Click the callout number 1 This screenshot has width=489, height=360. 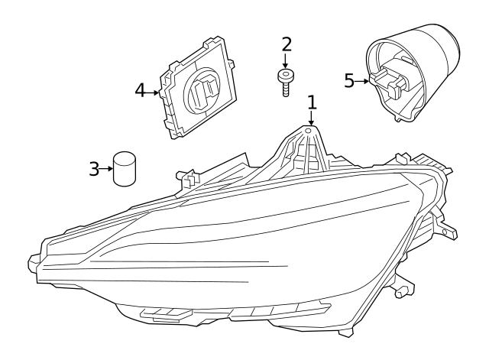[311, 102]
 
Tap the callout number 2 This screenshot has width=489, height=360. [286, 44]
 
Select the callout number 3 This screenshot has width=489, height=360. [94, 168]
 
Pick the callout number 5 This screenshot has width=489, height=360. [349, 80]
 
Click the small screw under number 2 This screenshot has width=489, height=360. [286, 82]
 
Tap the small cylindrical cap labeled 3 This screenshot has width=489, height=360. [124, 168]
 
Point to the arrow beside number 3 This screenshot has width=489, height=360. [107, 168]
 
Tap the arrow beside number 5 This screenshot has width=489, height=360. [362, 80]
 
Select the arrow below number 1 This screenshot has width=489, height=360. [311, 118]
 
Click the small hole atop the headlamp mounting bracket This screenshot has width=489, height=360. [309, 131]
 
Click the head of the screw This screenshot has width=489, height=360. [286, 76]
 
